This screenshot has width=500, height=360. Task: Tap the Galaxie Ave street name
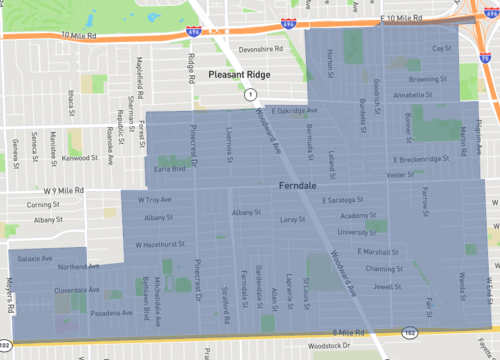(x=34, y=258)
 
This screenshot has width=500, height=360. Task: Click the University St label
(x=357, y=232)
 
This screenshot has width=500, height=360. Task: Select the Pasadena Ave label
(x=109, y=313)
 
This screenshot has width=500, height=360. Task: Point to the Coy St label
(x=441, y=48)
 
